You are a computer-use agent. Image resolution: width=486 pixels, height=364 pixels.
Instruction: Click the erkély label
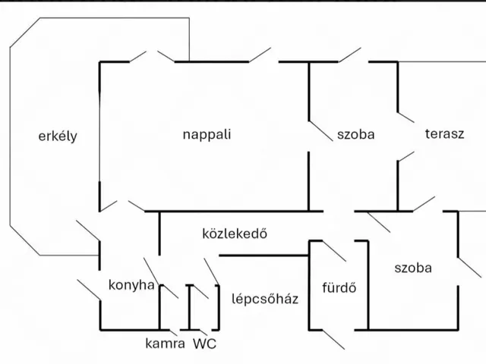pos(58,136)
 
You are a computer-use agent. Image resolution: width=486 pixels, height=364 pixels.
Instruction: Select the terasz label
pos(444,134)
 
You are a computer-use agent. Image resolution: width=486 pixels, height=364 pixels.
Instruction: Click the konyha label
pos(131,285)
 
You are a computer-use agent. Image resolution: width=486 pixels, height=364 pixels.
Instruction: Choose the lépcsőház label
pos(264,298)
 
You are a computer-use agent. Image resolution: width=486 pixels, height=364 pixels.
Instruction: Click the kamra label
pos(165,343)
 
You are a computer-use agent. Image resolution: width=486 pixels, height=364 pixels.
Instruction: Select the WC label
pos(204,343)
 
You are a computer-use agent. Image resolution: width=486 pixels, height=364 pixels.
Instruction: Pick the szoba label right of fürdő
pos(413,268)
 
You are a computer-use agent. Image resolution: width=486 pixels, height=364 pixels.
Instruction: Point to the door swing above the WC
pos(211,270)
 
